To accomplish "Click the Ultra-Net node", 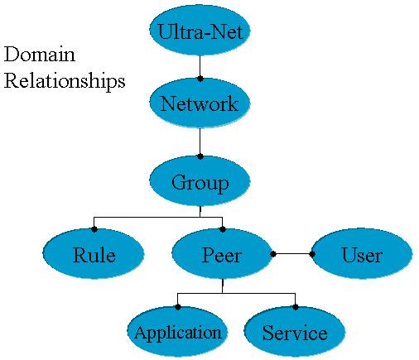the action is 200,31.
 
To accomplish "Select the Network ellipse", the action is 200,103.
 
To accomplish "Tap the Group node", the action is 200,181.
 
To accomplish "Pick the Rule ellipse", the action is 94,254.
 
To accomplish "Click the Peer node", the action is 222,254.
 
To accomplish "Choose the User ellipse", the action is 362,254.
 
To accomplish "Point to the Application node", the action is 177,332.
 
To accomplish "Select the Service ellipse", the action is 295,332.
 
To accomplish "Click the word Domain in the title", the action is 40,54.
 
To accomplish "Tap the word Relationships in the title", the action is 65,81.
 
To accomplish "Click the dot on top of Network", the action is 200,79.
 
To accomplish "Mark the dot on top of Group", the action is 200,156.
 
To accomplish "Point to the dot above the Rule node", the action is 94,229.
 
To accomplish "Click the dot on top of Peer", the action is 223,229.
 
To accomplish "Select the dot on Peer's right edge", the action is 273,254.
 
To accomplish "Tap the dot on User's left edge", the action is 312,254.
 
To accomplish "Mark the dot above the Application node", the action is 178,307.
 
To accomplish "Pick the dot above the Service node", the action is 296,307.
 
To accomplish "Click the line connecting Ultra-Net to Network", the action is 200,66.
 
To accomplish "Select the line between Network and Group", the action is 200,142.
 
